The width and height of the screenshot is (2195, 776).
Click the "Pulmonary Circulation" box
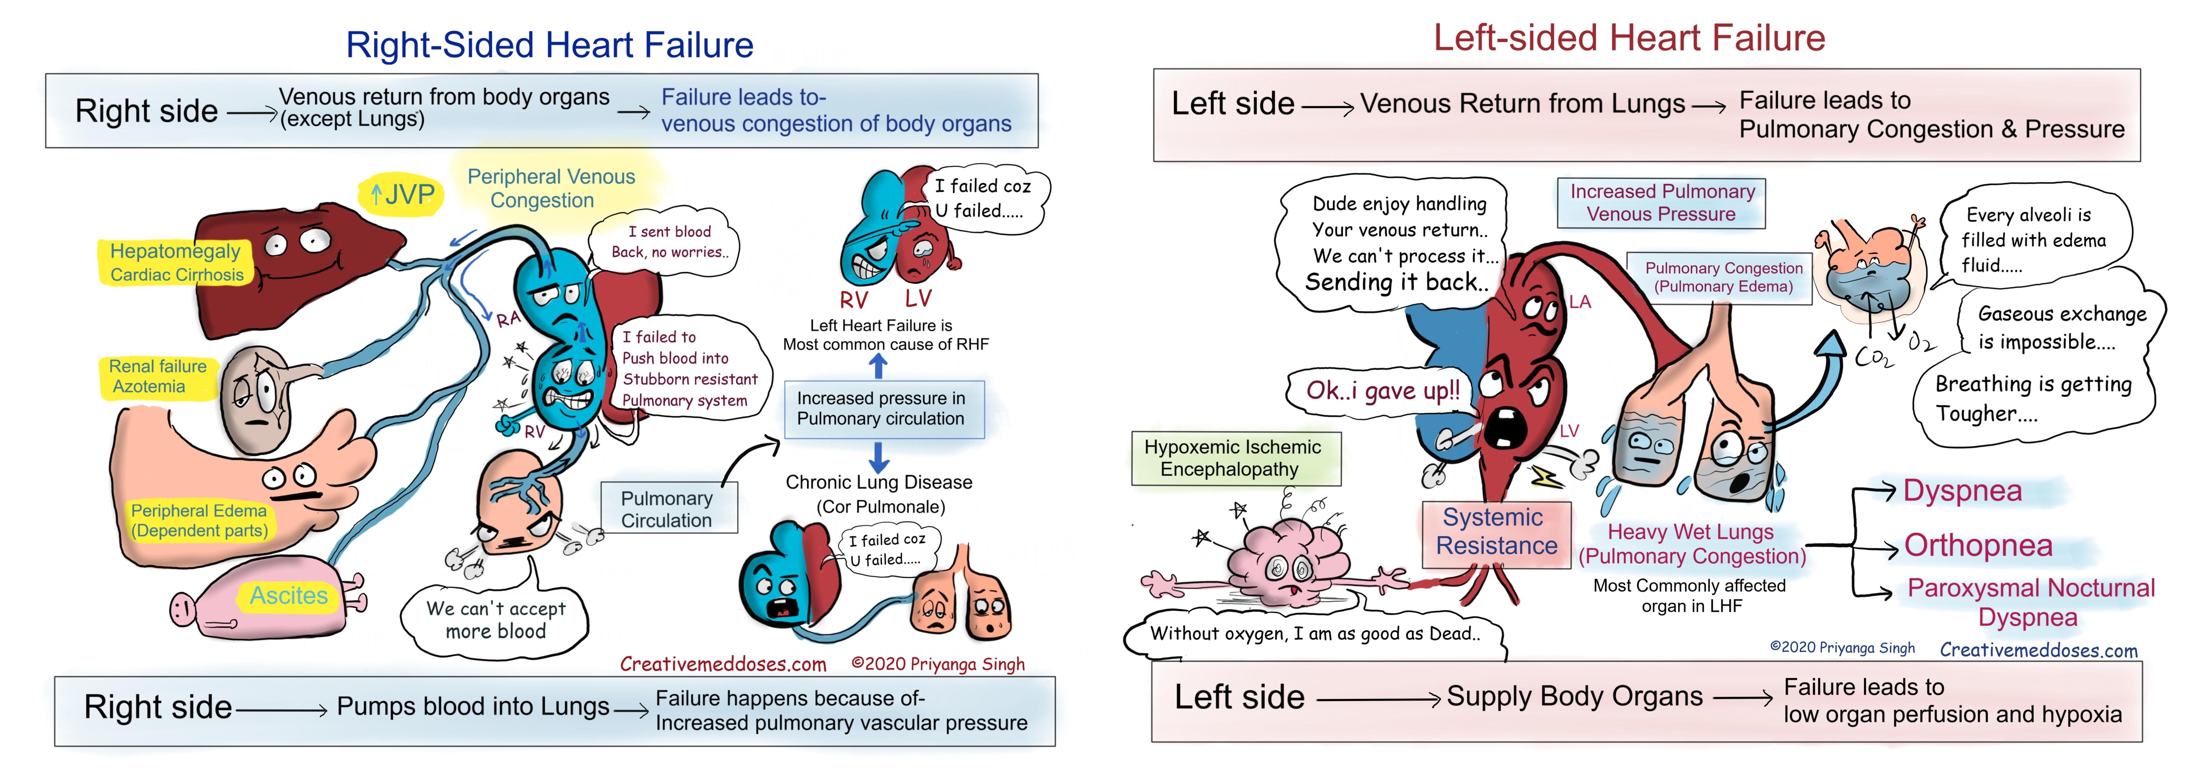click(x=667, y=508)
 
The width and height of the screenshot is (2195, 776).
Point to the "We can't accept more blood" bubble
click(x=496, y=619)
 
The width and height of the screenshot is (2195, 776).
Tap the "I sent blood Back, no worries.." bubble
click(x=668, y=242)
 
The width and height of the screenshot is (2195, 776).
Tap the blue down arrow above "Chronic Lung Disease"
click(x=879, y=456)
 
